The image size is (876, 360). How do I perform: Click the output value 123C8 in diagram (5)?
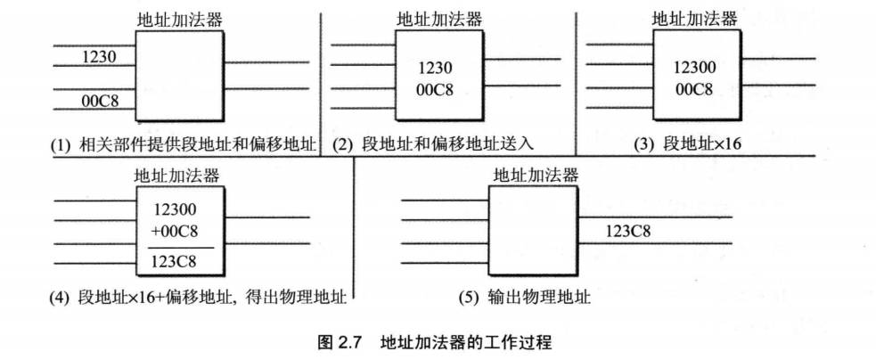(x=628, y=233)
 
